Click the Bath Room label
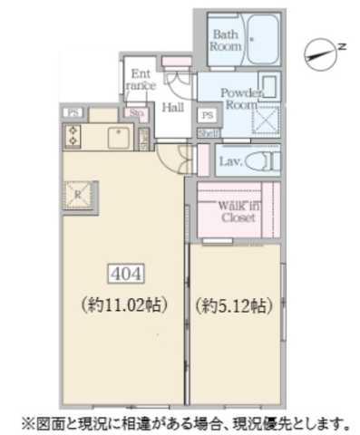[x=225, y=38]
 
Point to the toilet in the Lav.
[x=260, y=160]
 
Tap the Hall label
[x=172, y=108]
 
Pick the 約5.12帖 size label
[x=233, y=304]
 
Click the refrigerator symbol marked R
[x=79, y=194]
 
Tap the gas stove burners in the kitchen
[x=72, y=136]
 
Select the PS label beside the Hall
[x=207, y=115]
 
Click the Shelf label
[x=206, y=132]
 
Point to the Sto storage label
[x=138, y=114]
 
